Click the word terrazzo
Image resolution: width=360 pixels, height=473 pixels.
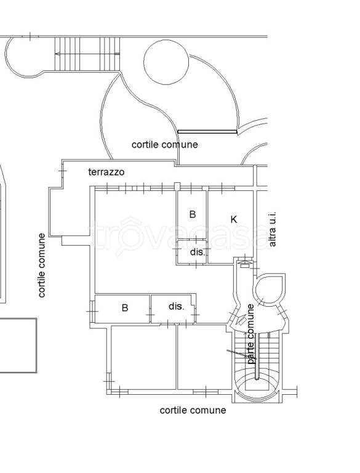click(x=106, y=172)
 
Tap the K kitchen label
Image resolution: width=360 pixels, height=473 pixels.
click(x=233, y=219)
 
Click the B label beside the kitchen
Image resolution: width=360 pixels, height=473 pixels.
click(x=193, y=214)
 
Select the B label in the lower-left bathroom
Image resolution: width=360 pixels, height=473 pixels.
click(x=125, y=308)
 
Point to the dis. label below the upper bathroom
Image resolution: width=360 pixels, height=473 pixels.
click(x=198, y=252)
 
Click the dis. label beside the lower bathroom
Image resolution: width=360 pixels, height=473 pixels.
click(x=176, y=307)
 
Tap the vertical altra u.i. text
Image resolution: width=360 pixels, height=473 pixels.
click(x=272, y=230)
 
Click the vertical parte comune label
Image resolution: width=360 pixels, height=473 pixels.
click(x=250, y=334)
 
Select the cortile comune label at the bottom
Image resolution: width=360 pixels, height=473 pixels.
click(x=193, y=410)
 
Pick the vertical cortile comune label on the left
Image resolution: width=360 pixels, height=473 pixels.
click(x=42, y=265)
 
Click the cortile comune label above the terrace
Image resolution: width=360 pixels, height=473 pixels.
click(x=165, y=145)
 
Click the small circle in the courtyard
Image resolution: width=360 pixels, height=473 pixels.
click(x=166, y=62)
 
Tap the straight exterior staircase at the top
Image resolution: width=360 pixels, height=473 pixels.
click(x=87, y=54)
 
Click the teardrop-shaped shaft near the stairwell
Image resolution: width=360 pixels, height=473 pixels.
click(x=270, y=289)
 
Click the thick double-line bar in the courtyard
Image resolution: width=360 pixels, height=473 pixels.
click(x=207, y=132)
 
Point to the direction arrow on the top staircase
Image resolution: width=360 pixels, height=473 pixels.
click(x=87, y=54)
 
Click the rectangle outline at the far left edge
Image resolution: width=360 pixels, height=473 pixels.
click(x=18, y=346)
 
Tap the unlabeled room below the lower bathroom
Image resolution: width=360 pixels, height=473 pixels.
click(x=143, y=357)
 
